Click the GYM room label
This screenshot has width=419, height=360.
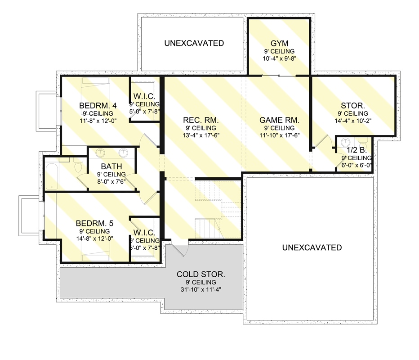(x=279, y=43)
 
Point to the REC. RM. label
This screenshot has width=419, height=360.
(x=201, y=120)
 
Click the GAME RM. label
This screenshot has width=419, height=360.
(x=279, y=120)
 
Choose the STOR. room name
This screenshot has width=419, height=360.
(x=353, y=105)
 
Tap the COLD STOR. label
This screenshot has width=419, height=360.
(x=201, y=274)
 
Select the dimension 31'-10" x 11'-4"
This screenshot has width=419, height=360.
(x=201, y=290)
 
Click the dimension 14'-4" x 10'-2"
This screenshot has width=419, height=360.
(x=353, y=121)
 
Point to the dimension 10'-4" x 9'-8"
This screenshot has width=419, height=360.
(x=279, y=58)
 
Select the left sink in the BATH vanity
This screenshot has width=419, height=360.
(x=101, y=153)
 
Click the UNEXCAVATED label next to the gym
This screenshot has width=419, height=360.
(x=194, y=43)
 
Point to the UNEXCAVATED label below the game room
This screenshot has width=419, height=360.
(x=312, y=247)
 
